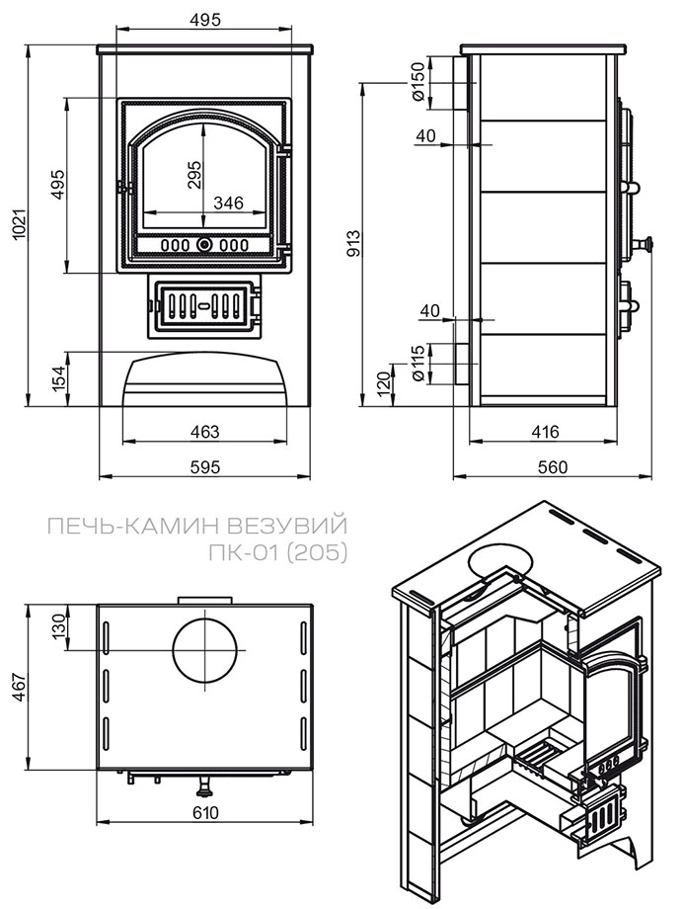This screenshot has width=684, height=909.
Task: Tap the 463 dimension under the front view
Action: point(204,432)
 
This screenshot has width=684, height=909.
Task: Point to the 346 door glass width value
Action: point(228,204)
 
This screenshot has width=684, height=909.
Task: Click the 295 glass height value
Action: point(194,176)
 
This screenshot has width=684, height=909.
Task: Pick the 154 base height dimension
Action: point(58,377)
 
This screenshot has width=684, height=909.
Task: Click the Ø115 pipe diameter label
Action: point(418,364)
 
